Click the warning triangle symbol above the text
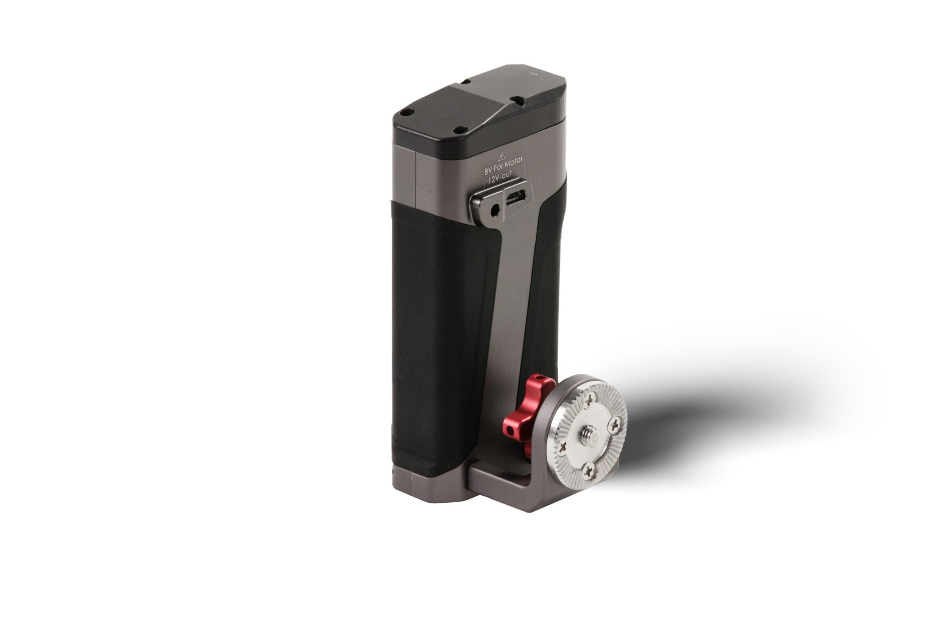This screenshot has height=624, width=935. [502, 156]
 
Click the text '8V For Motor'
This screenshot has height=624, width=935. [503, 167]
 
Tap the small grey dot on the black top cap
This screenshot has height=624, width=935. [534, 74]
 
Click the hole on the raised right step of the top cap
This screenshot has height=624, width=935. [517, 100]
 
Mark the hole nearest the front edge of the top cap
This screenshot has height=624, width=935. [460, 130]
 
